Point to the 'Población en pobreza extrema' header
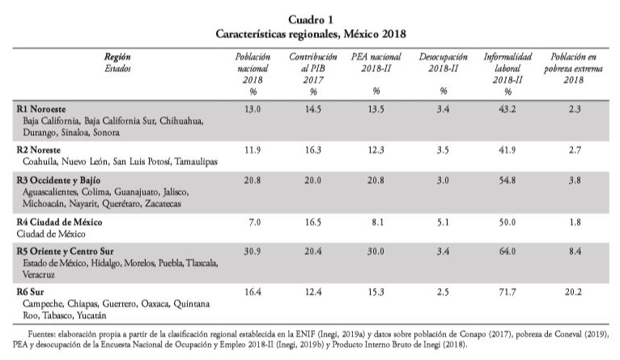click(574, 69)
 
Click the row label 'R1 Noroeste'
click(42, 108)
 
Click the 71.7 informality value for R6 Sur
click(507, 290)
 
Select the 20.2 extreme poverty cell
click(574, 290)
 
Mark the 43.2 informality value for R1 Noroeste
click(507, 108)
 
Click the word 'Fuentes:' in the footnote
click(43, 332)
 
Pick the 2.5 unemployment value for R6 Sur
click(437, 290)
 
